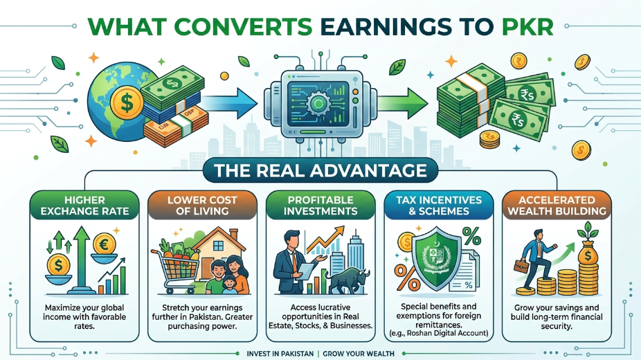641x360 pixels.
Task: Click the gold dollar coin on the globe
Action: [127, 102]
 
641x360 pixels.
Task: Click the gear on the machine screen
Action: [318, 103]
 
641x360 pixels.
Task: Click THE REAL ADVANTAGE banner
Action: [320, 170]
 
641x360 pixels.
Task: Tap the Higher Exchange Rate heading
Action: [84, 206]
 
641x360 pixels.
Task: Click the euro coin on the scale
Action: [105, 245]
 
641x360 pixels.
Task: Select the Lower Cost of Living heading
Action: [202, 206]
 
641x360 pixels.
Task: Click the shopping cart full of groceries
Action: [177, 266]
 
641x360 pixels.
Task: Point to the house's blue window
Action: [218, 246]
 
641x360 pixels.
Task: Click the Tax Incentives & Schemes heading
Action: [439, 206]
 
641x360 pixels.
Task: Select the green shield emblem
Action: [437, 258]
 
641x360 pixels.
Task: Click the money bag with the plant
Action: [588, 249]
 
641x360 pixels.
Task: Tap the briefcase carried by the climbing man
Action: [521, 266]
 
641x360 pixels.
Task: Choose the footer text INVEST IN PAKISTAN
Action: [280, 354]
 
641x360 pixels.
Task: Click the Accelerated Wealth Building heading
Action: [557, 206]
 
